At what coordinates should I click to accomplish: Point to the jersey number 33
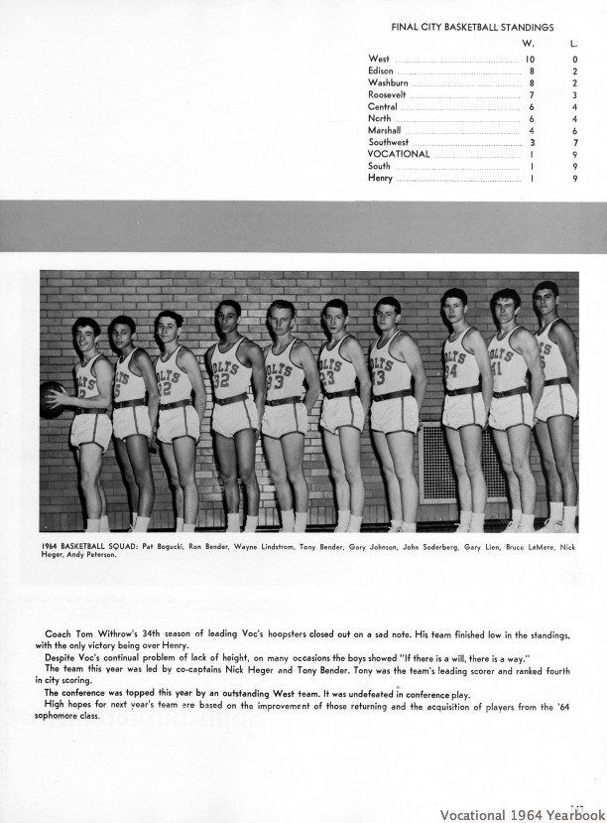coord(275,380)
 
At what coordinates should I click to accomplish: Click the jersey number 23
coord(325,378)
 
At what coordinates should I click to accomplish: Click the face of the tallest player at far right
coord(546,300)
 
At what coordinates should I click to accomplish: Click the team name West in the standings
coord(378,60)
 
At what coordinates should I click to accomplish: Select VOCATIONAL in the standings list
coord(399,154)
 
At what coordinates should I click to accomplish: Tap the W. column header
coord(529,44)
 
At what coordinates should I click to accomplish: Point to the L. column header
coord(574,44)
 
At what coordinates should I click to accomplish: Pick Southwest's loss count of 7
coord(575,142)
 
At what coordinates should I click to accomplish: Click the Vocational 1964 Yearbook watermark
coord(524,809)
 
